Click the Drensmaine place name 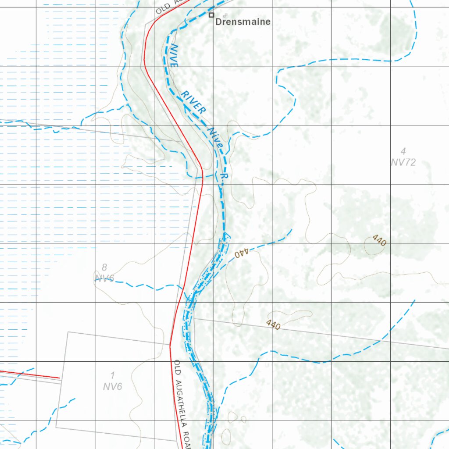242,21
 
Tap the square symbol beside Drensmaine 211,15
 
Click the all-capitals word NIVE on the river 174,55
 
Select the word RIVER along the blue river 193,103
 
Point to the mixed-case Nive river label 216,137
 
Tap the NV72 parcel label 403,163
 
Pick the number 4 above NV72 403,152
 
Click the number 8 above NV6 104,267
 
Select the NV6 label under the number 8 104,278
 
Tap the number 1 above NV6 113,375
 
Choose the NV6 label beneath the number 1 113,386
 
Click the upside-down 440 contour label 241,253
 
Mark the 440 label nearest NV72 379,240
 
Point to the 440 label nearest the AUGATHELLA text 273,324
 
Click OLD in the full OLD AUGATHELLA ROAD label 177,367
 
